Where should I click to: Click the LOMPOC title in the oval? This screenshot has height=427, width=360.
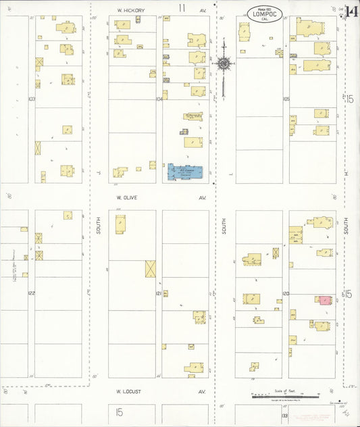coord(265,13)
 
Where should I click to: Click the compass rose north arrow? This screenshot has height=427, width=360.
coord(223,64)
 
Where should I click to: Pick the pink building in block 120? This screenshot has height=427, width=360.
coord(324,299)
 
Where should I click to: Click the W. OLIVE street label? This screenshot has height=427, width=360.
coord(126,198)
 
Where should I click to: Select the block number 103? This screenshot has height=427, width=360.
coord(31,99)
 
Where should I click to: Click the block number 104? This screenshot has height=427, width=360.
coord(159,99)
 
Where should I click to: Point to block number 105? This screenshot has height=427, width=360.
coord(286,99)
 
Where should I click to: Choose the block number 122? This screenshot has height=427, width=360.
coord(31,293)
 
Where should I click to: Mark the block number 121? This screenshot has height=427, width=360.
coord(159,293)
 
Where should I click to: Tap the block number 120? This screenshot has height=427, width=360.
coord(286,293)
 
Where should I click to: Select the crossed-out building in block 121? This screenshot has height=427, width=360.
coord(150,269)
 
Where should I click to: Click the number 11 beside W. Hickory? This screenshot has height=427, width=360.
coord(182,8)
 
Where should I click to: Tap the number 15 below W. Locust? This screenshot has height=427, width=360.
coord(119,411)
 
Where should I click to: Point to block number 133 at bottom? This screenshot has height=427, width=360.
coord(285,416)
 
